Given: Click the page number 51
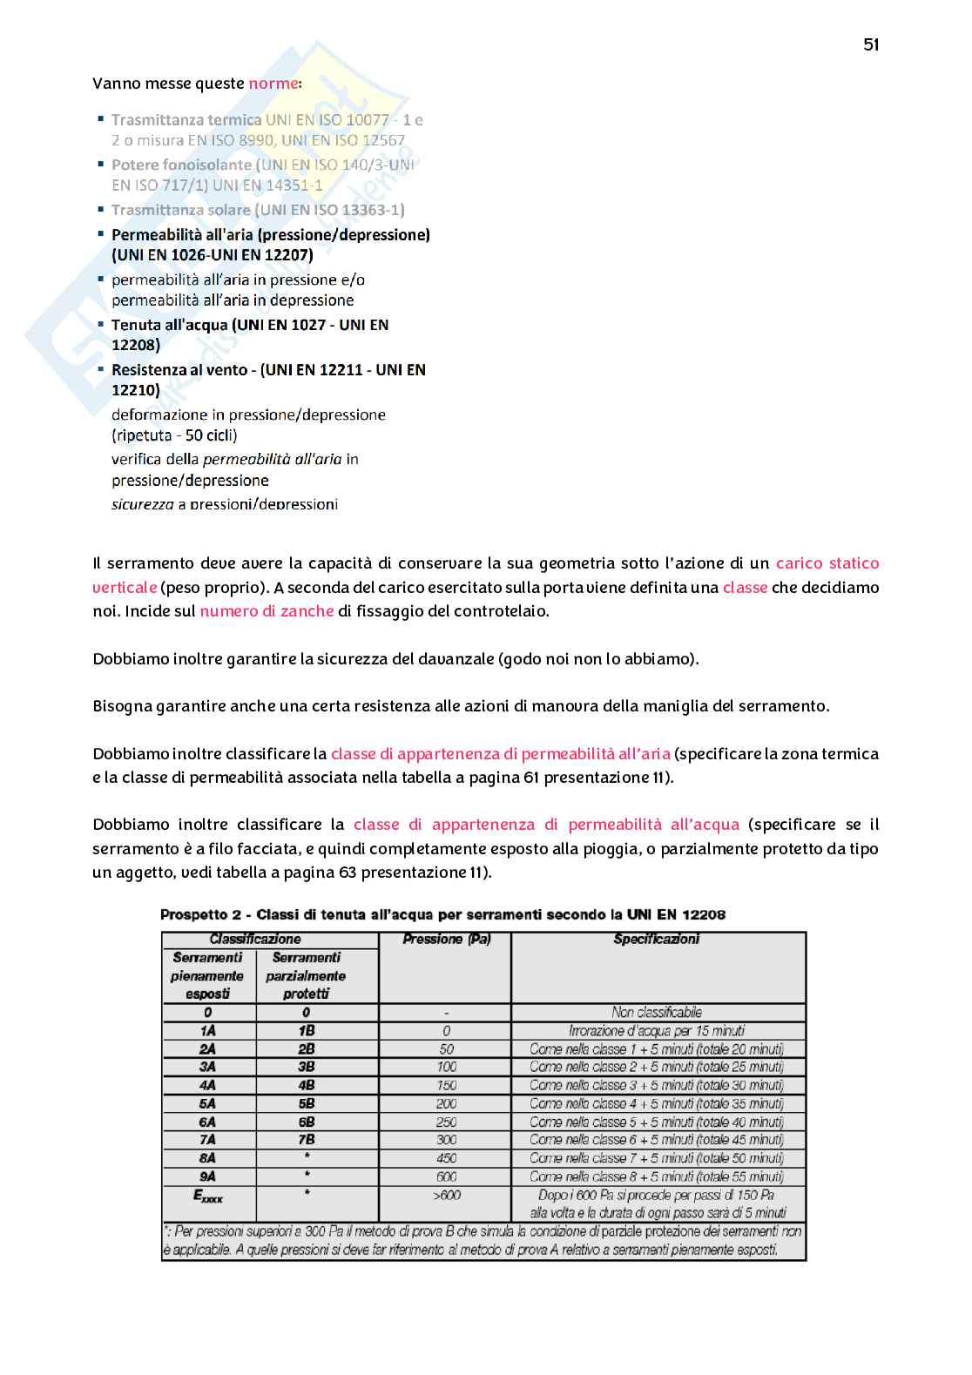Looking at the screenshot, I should pos(871,45).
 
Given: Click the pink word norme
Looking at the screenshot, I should pos(273,84).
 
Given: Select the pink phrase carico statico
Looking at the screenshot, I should pos(827,563).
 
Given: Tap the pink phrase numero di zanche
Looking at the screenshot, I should pos(267,611).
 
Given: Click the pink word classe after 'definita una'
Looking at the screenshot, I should pos(745,588).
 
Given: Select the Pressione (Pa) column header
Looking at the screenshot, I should pos(446,940).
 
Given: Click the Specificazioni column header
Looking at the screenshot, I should pos(656,940).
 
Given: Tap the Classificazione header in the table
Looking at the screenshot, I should pos(255,940).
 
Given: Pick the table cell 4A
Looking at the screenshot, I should pos(207,1086).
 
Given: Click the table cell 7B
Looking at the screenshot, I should pos(306,1140).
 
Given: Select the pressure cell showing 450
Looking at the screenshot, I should pos(446,1158).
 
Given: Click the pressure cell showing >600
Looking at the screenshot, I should pos(446,1196).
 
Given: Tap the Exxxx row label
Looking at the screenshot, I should pos(207,1197).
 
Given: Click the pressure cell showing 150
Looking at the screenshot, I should pos(446,1086).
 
